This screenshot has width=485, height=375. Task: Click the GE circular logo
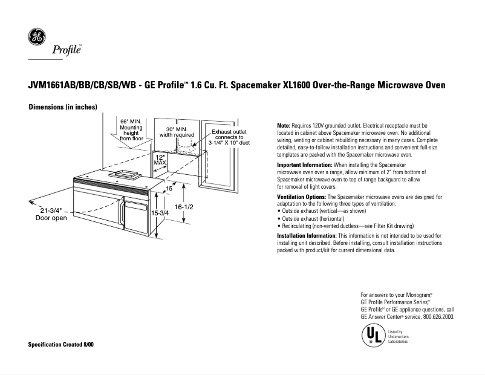pyautogui.click(x=37, y=37)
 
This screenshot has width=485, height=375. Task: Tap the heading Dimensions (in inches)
pyautogui.click(x=63, y=107)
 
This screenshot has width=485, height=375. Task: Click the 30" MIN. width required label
pyautogui.click(x=177, y=132)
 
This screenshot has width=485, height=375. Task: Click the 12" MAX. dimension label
pyautogui.click(x=160, y=159)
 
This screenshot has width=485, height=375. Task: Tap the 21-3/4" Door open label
pyautogui.click(x=51, y=214)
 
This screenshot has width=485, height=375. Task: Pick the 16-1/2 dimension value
pyautogui.click(x=183, y=207)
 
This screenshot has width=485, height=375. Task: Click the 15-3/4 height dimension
pyautogui.click(x=160, y=214)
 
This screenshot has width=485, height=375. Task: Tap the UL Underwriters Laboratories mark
pyautogui.click(x=373, y=336)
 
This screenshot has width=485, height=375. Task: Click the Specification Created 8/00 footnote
pyautogui.click(x=61, y=344)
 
